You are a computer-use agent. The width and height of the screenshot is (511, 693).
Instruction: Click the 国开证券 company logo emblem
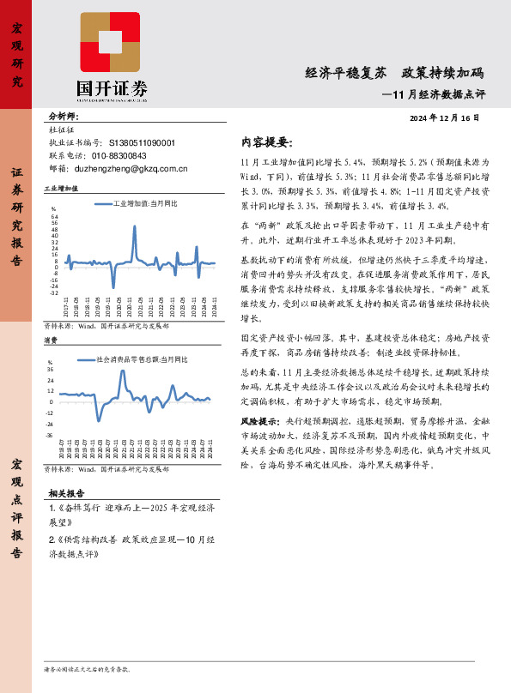point(110,43)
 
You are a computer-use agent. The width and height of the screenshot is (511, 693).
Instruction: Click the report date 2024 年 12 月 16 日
point(445,118)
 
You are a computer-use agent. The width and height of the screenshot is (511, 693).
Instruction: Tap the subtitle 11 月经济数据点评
point(435,93)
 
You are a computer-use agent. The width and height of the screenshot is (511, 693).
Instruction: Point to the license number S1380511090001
point(142,143)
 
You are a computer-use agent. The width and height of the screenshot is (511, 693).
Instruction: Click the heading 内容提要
point(267,142)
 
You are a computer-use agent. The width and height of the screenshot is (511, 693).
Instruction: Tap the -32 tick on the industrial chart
point(54,293)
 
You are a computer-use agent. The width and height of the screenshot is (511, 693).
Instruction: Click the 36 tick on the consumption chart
point(52,370)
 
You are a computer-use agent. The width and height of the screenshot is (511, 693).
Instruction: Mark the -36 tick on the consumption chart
point(51,435)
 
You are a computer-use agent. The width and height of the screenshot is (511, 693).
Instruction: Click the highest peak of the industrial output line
point(135,227)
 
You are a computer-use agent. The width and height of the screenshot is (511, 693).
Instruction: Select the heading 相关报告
point(66,494)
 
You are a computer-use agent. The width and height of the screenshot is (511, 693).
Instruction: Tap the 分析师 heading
point(63,117)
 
